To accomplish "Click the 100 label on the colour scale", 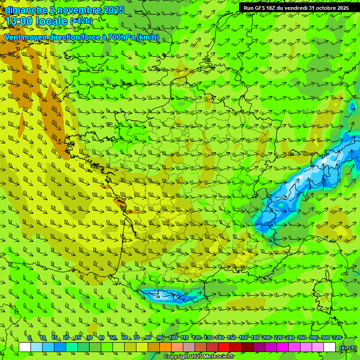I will pos(173,338).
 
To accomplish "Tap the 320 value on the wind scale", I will pos(337,338).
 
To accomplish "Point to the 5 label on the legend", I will pos(30,338).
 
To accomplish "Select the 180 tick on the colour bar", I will pos(255,338).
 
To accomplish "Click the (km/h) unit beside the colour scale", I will pos(347,348).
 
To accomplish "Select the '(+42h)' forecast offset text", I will pos(82,21).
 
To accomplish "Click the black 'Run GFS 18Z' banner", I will pos(296,8).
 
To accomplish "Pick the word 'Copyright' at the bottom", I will pos(177,357).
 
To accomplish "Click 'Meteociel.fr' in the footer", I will pos(218,357).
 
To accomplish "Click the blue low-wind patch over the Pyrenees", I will pos(169,295).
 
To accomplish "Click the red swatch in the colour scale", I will pos(224,347).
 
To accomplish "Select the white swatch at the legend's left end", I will pos(25,347).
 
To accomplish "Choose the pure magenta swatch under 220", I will pos(283,347).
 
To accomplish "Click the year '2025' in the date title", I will pos(113,10).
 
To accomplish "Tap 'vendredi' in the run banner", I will pos(295,8).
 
